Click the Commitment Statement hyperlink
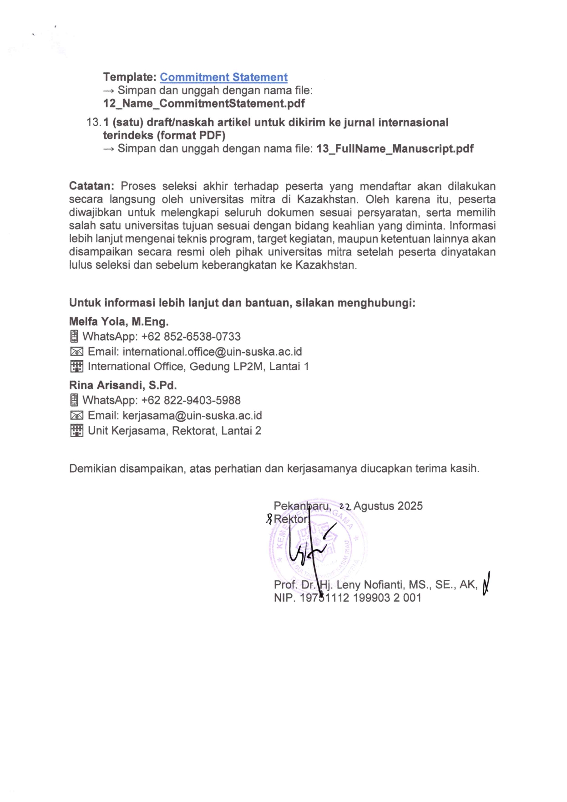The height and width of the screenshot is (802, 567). coord(223,77)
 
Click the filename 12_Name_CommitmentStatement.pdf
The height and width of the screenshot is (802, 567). coord(204,103)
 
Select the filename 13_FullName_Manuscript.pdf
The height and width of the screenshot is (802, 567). coord(395,149)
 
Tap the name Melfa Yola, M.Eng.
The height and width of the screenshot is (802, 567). coord(119,322)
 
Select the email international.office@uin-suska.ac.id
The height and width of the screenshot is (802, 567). coord(212,352)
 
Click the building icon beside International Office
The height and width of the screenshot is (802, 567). coord(76,367)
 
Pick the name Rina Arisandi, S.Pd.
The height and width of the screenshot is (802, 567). coord(123,385)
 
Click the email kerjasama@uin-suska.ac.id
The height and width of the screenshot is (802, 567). coord(192,416)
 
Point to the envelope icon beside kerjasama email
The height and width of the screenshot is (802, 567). coord(76,416)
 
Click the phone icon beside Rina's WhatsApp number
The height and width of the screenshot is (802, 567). coord(74,401)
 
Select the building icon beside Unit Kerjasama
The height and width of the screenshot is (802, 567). coord(76,431)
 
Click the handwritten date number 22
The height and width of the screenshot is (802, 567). coord(345,506)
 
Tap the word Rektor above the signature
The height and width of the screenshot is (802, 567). coord(291,519)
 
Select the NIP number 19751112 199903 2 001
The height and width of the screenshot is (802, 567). coord(360,598)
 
